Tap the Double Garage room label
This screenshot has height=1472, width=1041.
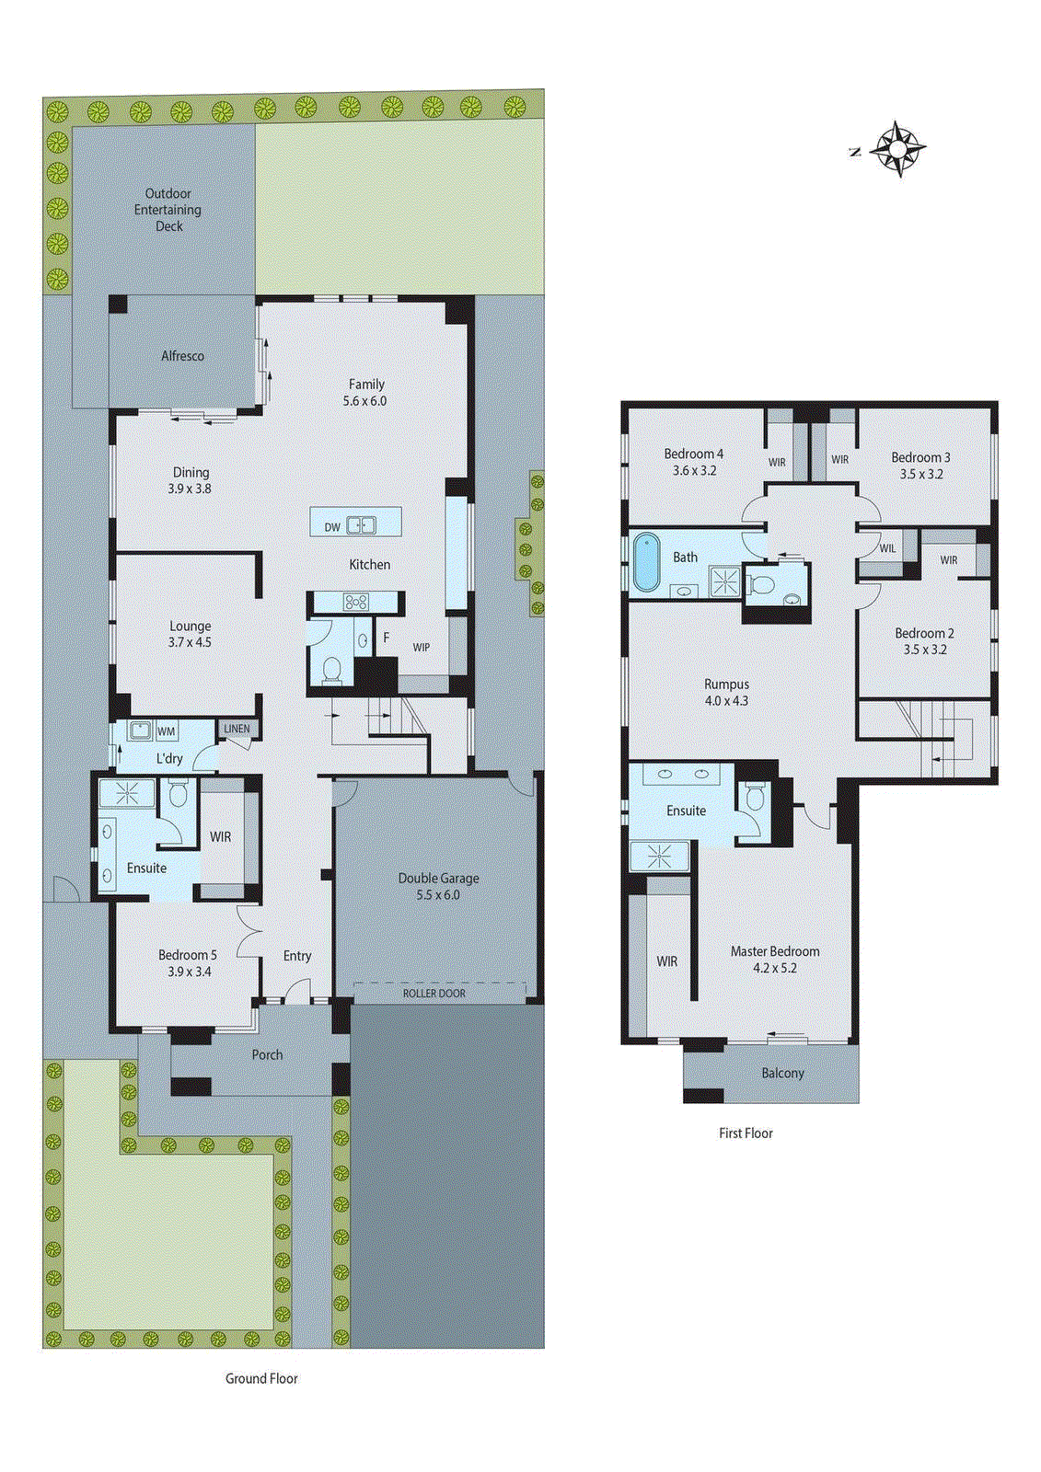[438, 879]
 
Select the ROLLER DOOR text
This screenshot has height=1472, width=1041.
[434, 994]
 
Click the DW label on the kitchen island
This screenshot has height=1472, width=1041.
[332, 527]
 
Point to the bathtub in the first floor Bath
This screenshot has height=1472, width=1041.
[647, 561]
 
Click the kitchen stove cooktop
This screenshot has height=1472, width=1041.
[355, 603]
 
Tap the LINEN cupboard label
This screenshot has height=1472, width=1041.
[237, 729]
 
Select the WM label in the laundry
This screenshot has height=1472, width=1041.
[166, 731]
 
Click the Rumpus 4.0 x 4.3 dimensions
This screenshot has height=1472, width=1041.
[726, 701]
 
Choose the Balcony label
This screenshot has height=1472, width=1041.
[782, 1074]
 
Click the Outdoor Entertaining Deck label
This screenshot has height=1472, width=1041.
[168, 210]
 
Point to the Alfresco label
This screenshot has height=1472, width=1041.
[182, 356]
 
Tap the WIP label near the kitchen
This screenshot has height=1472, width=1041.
[422, 648]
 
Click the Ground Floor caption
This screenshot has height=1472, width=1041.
[261, 1378]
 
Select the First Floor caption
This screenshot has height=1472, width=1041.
[746, 1133]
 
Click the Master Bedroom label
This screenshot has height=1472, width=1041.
[775, 952]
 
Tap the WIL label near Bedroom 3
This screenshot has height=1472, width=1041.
[887, 548]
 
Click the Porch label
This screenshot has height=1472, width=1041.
[267, 1055]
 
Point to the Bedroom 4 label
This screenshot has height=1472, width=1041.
[693, 454]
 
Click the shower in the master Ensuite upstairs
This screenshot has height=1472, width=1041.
[659, 857]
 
